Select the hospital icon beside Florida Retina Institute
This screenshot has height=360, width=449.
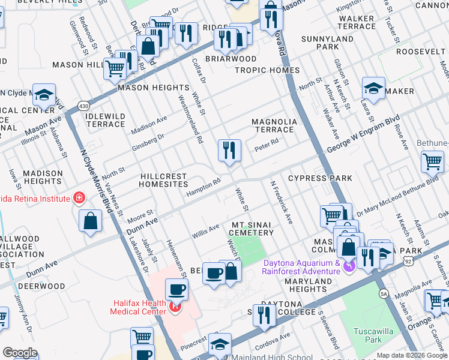[78, 197]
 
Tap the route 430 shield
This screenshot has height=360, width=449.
[83, 106]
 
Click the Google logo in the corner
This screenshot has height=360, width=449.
[20, 353]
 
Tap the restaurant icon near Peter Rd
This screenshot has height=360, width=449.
[229, 151]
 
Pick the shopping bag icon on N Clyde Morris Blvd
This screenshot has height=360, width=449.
[90, 221]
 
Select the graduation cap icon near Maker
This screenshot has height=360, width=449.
[373, 89]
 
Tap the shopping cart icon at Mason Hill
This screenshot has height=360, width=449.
[115, 68]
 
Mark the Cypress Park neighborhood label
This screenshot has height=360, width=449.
[320, 178]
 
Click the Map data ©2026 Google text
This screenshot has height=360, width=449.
[411, 355]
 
